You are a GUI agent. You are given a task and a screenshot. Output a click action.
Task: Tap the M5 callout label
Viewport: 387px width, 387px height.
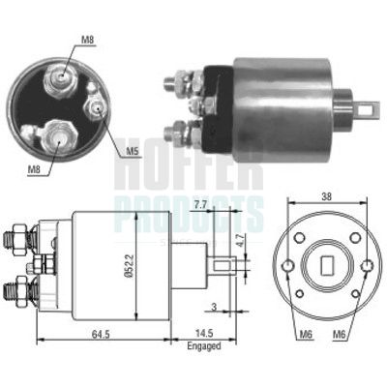pyautogui.click(x=133, y=150)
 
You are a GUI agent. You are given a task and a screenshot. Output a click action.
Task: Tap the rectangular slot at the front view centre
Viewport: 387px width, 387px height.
pyautogui.click(x=325, y=262)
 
